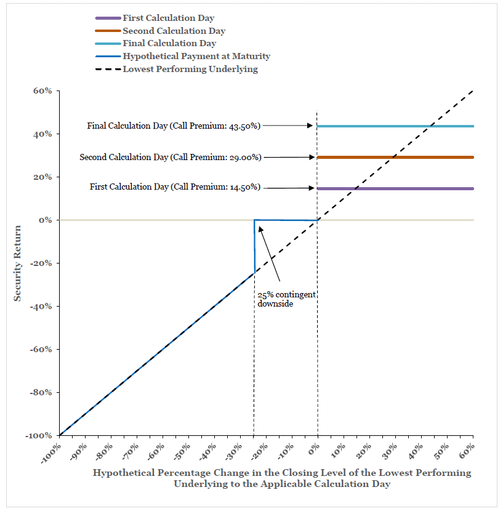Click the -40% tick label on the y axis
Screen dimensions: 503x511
tap(41, 307)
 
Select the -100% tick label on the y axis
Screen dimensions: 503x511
tap(38, 436)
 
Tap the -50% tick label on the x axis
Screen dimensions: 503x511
tap(182, 452)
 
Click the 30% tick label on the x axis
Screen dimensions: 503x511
tap(390, 451)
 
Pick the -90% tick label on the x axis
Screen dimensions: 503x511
tap(78, 452)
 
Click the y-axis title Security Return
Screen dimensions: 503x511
tap(17, 264)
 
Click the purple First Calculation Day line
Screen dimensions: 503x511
tap(395, 188)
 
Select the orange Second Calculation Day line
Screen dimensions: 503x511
tap(395, 158)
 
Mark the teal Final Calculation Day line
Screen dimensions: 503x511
tap(395, 126)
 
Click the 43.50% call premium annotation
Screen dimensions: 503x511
tap(174, 126)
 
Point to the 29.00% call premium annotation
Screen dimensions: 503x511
tap(171, 157)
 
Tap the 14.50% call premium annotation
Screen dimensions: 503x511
tap(175, 187)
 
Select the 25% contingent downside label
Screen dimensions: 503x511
tap(286, 299)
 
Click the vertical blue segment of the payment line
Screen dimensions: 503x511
tap(255, 247)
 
